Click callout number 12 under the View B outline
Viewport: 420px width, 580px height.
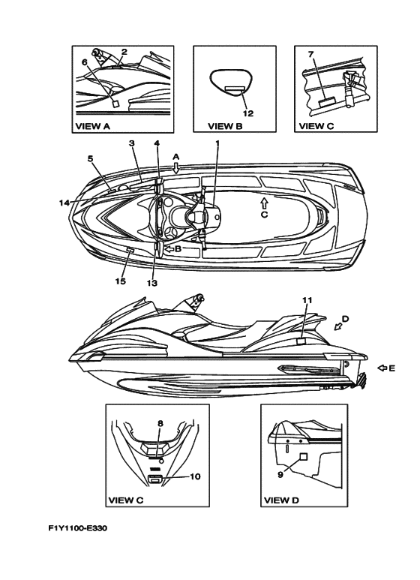tap(248, 113)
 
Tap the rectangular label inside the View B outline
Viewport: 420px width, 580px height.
tap(235, 89)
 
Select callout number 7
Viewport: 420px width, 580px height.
tap(310, 54)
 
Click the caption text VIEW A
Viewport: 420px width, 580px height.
tap(93, 126)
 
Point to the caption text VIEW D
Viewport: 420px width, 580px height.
tap(281, 500)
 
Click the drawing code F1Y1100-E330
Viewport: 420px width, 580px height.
tap(78, 527)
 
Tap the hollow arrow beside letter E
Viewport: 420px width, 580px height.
tap(382, 368)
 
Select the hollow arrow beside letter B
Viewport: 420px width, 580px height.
tap(169, 249)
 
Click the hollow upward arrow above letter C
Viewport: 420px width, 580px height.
tap(264, 203)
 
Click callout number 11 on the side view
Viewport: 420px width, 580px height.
tap(307, 300)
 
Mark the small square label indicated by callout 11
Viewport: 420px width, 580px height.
tap(301, 341)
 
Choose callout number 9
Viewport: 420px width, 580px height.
tap(280, 474)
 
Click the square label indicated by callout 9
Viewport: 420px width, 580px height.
tap(303, 456)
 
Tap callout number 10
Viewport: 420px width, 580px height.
tap(195, 476)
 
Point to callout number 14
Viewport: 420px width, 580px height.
tap(64, 203)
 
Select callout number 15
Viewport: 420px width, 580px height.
tap(120, 281)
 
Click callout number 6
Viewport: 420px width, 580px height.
tap(85, 62)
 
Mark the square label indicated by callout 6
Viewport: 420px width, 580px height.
tap(115, 104)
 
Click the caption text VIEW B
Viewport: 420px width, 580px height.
tap(225, 126)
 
